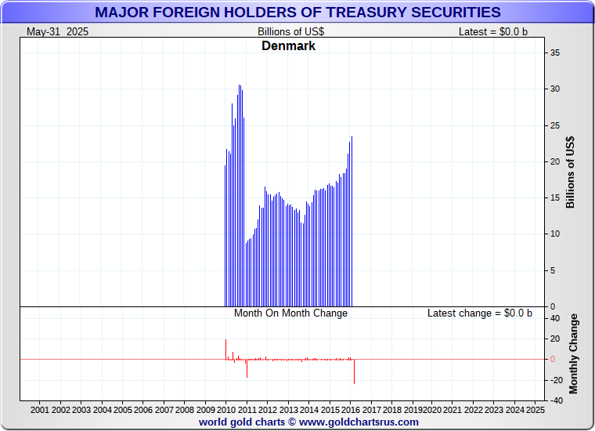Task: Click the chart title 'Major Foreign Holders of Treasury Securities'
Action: point(297,12)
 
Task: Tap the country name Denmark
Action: point(288,46)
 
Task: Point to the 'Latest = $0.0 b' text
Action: point(493,31)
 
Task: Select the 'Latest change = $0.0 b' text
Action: point(479,313)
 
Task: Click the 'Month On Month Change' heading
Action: point(290,313)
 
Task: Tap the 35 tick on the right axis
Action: point(554,53)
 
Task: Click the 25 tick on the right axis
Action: point(554,125)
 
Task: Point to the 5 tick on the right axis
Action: point(552,270)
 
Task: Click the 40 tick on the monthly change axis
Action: point(554,318)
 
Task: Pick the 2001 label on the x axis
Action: point(40,410)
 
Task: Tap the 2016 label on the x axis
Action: point(350,410)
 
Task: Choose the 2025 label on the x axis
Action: point(535,410)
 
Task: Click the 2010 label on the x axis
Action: point(225,410)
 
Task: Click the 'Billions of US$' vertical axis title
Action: point(570,172)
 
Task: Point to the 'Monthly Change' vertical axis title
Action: point(574,354)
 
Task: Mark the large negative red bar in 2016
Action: point(354,371)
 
